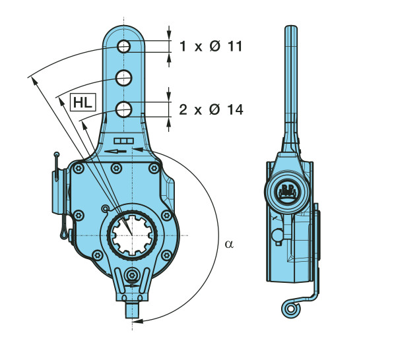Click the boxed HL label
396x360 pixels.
(83, 102)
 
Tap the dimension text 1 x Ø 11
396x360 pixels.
(211, 46)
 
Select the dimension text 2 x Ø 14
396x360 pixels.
(211, 109)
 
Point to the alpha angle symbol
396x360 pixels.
(229, 244)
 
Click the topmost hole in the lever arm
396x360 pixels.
(124, 46)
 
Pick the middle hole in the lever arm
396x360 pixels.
(124, 78)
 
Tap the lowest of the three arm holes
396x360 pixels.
(124, 109)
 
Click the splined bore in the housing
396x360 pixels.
(132, 235)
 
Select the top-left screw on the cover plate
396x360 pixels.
(79, 168)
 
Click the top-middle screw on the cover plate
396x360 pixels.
(116, 168)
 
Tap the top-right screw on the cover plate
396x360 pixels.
(154, 168)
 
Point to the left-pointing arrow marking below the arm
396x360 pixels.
(115, 152)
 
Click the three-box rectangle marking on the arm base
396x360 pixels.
(124, 141)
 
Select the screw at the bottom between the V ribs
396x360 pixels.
(131, 275)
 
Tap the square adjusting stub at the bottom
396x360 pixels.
(132, 310)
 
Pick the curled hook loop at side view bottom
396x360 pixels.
(291, 309)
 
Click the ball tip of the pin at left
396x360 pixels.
(57, 154)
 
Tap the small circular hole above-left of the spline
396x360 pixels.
(106, 208)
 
